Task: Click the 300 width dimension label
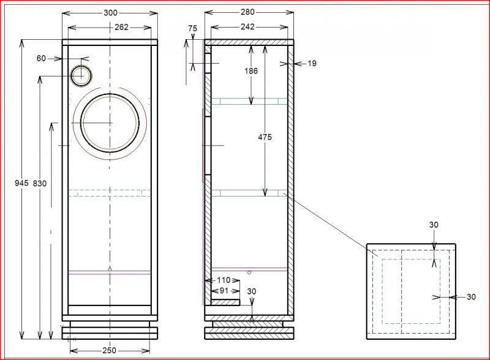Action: pyautogui.click(x=110, y=13)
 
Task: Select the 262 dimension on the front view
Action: pyautogui.click(x=121, y=28)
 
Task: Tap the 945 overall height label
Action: pyautogui.click(x=21, y=183)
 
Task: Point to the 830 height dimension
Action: pyautogui.click(x=40, y=184)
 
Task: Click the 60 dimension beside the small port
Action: pyautogui.click(x=41, y=58)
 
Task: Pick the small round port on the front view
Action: pyautogui.click(x=81, y=76)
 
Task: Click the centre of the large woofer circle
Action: pyautogui.click(x=110, y=123)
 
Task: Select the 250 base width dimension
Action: pyautogui.click(x=109, y=351)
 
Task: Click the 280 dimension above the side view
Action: pyautogui.click(x=247, y=12)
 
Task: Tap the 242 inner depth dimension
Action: pyautogui.click(x=247, y=27)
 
